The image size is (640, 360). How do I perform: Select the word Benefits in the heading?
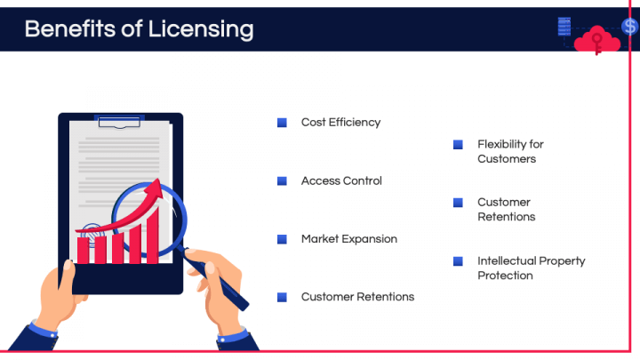click(70, 28)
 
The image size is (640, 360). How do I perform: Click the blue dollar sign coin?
click(630, 27)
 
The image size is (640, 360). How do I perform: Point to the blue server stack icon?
click(564, 27)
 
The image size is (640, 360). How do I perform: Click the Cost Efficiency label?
click(340, 123)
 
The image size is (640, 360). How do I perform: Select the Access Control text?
click(341, 181)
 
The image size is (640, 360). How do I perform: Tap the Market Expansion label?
click(348, 239)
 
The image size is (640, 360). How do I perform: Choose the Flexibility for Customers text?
click(509, 151)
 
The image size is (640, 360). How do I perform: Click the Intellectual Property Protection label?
click(531, 268)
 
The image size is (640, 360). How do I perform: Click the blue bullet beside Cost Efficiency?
click(282, 123)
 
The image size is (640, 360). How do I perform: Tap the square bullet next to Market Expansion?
click(282, 239)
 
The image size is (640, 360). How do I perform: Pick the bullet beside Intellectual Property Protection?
click(458, 261)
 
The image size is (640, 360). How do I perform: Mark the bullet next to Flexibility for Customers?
click(458, 144)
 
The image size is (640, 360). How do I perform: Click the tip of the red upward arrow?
click(158, 184)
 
